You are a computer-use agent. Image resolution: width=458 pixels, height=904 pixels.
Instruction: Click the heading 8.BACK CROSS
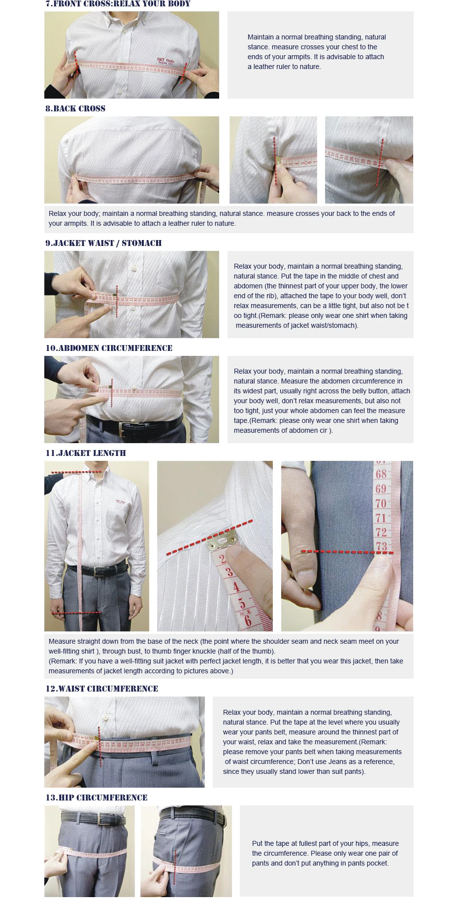point(75,108)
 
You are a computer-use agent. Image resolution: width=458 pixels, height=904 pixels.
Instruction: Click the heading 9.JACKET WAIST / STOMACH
point(103,243)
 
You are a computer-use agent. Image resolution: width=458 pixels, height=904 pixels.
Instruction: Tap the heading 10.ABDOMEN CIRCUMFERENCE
point(109,348)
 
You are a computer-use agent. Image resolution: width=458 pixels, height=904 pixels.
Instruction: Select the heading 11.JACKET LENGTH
point(86,453)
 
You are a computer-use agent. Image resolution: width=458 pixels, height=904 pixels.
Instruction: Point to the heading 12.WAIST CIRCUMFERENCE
point(102,689)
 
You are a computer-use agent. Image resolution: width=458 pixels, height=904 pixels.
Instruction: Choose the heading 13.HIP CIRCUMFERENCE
point(97,798)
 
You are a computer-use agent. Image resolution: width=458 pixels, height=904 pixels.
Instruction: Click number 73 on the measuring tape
point(382,546)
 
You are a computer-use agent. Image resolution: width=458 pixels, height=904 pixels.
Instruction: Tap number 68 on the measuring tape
point(381,474)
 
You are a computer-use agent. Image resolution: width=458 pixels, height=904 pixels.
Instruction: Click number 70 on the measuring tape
point(381,503)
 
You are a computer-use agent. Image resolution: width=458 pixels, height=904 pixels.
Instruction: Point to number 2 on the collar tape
point(223,559)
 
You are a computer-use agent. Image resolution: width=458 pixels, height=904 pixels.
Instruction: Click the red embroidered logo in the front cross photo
point(165,61)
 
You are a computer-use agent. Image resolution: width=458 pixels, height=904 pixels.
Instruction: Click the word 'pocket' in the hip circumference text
point(377,863)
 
